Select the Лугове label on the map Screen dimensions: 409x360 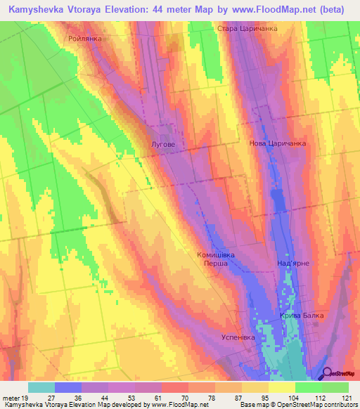[x=163, y=144]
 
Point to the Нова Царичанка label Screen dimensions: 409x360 [x=278, y=143]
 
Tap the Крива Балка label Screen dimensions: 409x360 [x=302, y=316]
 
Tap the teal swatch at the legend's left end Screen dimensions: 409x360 [x=41, y=387]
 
